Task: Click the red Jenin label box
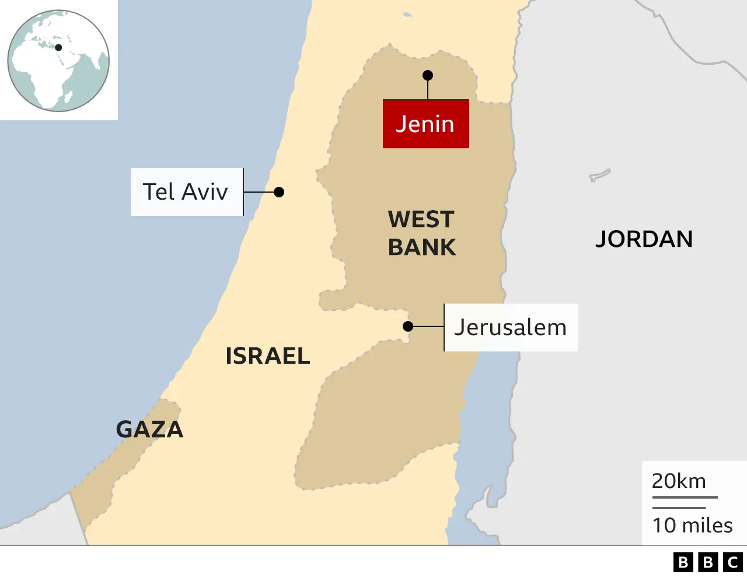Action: tap(425, 124)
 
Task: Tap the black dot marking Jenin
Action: tap(428, 75)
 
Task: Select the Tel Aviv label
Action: tap(186, 192)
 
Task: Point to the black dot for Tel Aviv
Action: tap(279, 192)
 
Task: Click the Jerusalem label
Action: tap(511, 328)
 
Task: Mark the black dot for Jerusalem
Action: tap(409, 326)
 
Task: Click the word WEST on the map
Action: tap(421, 220)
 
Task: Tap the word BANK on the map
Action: tap(422, 248)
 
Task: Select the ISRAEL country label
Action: tap(268, 356)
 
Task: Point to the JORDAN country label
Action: tap(644, 239)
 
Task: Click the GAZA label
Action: tap(149, 430)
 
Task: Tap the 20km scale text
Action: tap(679, 481)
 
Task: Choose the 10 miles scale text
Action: tap(692, 525)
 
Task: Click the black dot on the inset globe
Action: tap(58, 48)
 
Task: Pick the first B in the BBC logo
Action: tap(683, 562)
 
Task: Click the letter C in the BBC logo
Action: tap(733, 562)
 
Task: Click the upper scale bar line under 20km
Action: tap(685, 497)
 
